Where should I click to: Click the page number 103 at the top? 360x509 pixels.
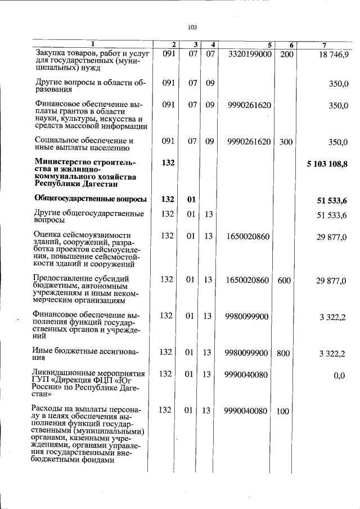point(192,27)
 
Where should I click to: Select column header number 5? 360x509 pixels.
point(269,45)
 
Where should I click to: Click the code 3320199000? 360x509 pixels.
point(250,54)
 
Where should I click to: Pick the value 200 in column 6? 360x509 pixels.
point(286,54)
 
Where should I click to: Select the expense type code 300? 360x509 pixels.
point(286,142)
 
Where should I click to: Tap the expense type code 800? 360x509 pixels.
point(283,353)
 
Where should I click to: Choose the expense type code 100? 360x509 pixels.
point(283,411)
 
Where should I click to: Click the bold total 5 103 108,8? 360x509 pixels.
point(327,164)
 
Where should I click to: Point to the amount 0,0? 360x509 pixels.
point(339,376)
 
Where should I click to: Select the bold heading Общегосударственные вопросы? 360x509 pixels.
point(90,199)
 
